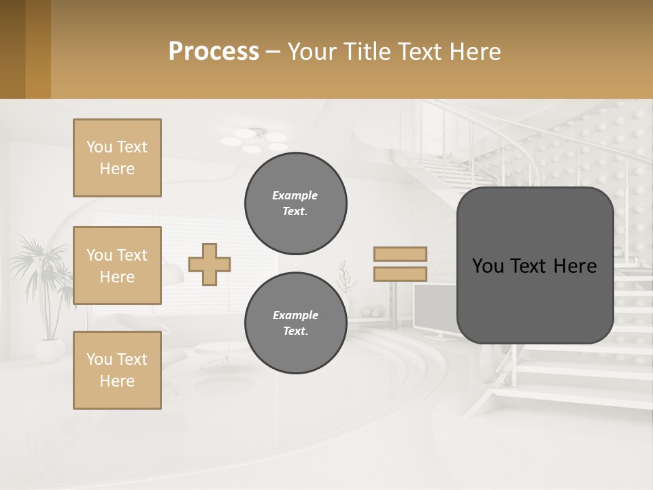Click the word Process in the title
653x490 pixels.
(x=214, y=51)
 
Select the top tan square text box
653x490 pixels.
(x=117, y=158)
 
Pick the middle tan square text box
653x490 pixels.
(x=117, y=265)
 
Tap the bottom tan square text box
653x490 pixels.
(x=117, y=370)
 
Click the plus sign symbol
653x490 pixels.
(x=210, y=264)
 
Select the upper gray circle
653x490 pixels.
(x=296, y=203)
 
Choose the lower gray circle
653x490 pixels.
(x=296, y=323)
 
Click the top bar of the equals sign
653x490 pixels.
(x=400, y=254)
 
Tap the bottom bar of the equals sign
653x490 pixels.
(x=400, y=274)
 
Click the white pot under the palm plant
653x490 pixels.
(x=49, y=350)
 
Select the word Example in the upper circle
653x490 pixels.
(x=295, y=195)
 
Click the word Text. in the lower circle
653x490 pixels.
(x=295, y=331)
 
